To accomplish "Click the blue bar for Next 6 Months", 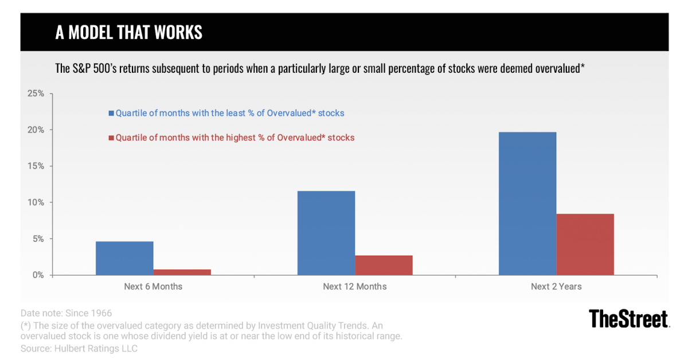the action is (124, 258).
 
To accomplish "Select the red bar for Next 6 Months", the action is (182, 272).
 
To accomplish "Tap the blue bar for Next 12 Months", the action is (326, 233).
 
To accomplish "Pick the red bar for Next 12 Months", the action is (384, 265).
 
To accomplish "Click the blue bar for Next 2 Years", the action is (527, 204).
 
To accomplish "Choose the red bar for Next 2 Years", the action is (585, 244).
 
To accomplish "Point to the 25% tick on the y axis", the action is (36, 93).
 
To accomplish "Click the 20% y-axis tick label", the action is (36, 130).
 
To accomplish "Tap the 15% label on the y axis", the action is (36, 166).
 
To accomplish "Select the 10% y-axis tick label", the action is (36, 202).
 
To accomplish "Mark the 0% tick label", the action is (38, 275).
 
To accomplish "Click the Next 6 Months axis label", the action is (153, 287).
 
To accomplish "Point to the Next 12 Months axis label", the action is (355, 287).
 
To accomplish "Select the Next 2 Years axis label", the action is (556, 287).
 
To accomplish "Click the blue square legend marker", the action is (111, 114).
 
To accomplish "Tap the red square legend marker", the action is (111, 138).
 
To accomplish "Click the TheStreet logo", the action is (629, 319).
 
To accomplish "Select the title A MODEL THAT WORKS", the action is (128, 32).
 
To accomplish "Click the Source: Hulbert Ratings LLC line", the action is (79, 349).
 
